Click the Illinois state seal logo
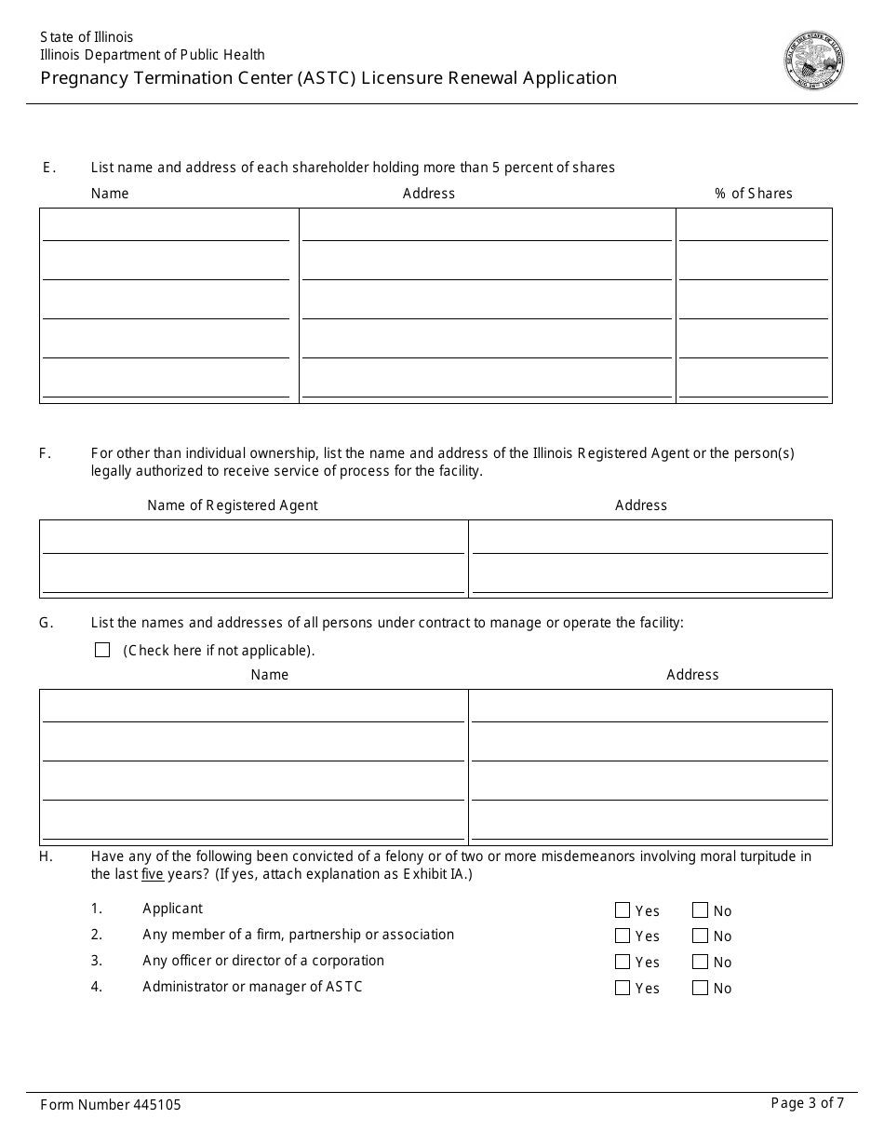point(813,61)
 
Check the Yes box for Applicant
point(623,910)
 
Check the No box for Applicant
point(700,910)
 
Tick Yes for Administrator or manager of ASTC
point(623,988)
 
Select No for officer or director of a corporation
point(700,962)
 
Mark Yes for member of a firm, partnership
point(623,936)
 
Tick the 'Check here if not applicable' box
point(102,650)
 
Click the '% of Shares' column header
point(753,194)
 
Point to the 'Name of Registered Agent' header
point(232,505)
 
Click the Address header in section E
point(428,194)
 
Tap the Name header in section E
point(110,194)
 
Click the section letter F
point(45,453)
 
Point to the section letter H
point(45,856)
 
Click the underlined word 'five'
point(152,875)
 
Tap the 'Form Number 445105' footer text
point(111,1106)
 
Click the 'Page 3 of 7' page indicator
point(807,1104)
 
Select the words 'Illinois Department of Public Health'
point(152,56)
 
